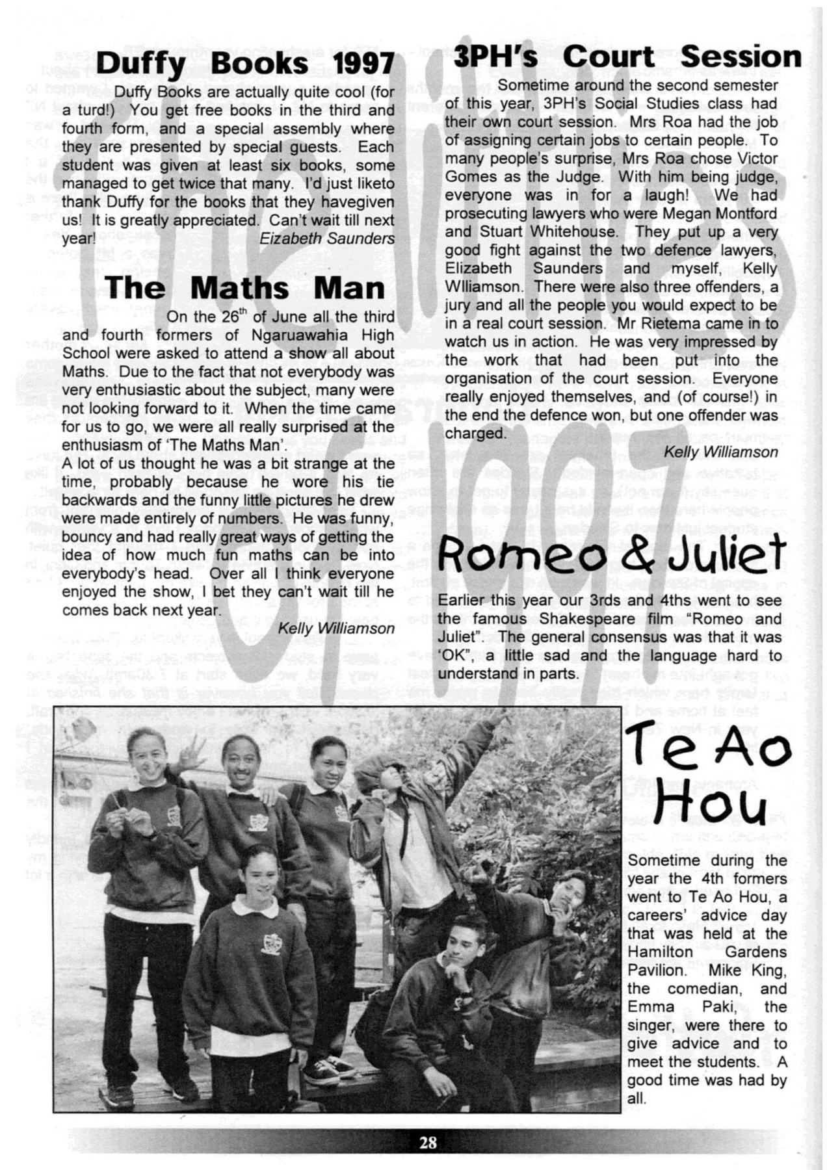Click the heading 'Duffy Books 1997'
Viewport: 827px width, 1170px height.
(x=244, y=64)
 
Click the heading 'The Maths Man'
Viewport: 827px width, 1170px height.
(x=244, y=287)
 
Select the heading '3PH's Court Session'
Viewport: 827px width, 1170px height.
(x=627, y=57)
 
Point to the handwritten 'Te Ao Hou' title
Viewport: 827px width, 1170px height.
(x=707, y=777)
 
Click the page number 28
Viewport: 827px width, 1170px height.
(x=428, y=1141)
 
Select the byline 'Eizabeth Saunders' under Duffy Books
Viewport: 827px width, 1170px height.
(x=326, y=239)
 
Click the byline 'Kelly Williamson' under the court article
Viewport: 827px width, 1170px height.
(x=720, y=452)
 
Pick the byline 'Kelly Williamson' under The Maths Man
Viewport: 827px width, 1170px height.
(x=336, y=628)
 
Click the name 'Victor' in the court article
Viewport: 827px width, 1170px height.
(x=756, y=159)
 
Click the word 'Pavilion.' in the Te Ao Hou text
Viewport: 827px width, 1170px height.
(x=657, y=970)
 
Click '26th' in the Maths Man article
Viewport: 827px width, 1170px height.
(x=235, y=317)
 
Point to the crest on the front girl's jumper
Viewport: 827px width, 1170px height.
(x=270, y=944)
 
